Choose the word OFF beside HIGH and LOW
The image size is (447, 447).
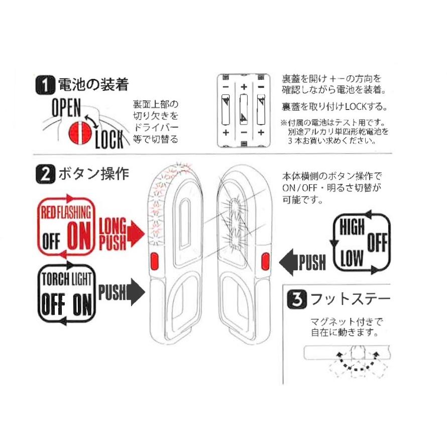point(377,244)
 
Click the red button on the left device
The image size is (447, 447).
point(155,262)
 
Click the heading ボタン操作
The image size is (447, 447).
point(94,175)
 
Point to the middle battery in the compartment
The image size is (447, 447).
point(244,111)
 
